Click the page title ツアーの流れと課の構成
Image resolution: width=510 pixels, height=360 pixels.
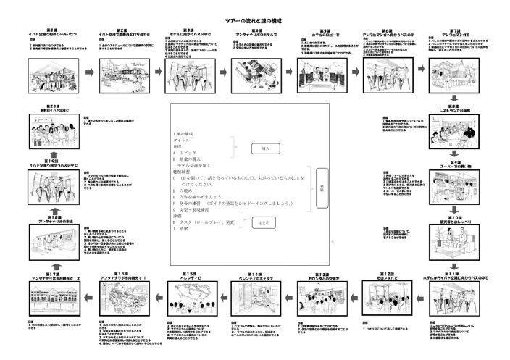click(256, 22)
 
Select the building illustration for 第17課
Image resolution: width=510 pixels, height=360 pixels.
click(51, 302)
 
